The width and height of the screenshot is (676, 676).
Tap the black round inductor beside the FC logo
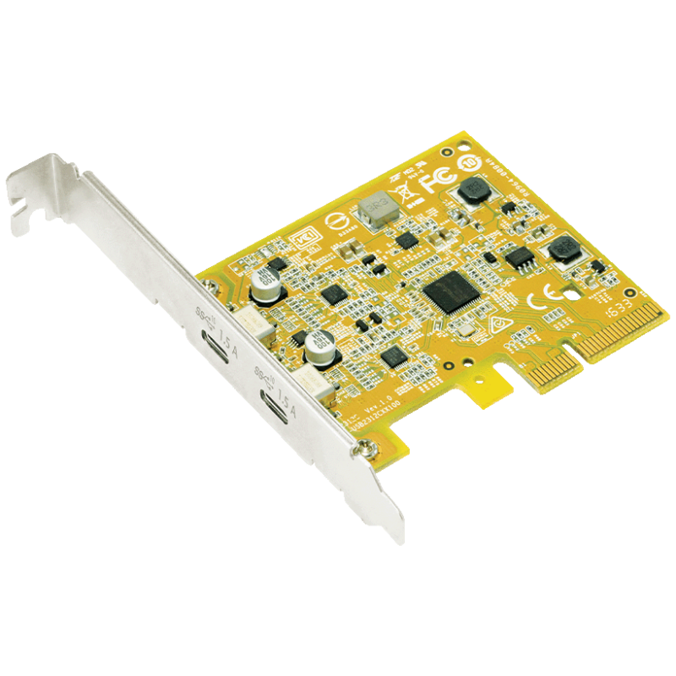(x=470, y=192)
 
